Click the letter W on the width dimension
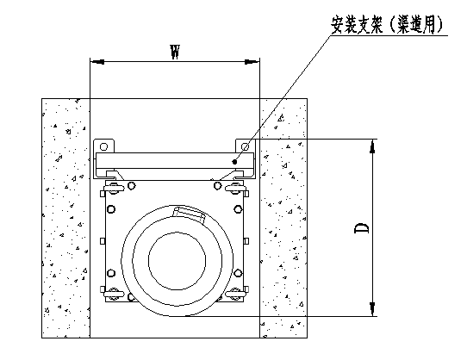[175, 52]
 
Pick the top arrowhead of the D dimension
[372, 146]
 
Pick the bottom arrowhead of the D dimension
[372, 309]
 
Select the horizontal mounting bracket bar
[172, 161]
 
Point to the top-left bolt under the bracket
[113, 184]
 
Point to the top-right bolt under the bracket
[238, 184]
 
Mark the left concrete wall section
[65, 215]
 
